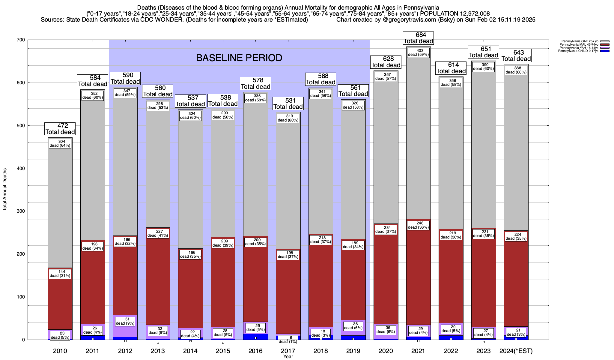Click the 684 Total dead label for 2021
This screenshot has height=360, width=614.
[x=419, y=38]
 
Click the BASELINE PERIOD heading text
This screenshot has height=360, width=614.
[x=239, y=58]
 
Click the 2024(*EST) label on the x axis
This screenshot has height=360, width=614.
[x=516, y=351]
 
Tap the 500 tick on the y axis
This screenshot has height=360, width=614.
[x=21, y=126]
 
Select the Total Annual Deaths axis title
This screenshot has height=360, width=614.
[x=5, y=189]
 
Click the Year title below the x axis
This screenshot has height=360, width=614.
[x=288, y=357]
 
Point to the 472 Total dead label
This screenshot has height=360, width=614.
[x=60, y=129]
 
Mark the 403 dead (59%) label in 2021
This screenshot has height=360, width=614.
[x=419, y=53]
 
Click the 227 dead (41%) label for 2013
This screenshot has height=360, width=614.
[x=158, y=233]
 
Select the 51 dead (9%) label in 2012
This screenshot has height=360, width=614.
[x=125, y=321]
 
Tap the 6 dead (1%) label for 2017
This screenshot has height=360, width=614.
[x=288, y=340]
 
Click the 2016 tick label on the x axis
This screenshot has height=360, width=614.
[x=255, y=351]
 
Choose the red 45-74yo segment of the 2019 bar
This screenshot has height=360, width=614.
[x=353, y=285]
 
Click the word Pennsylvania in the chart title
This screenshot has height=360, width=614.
[x=422, y=7]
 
